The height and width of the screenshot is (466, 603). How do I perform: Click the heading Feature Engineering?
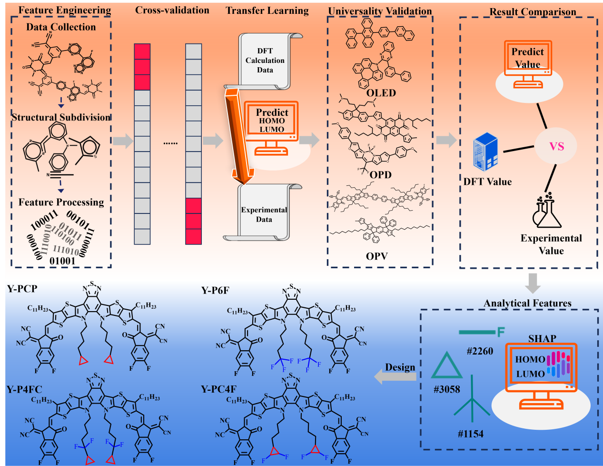point(65,10)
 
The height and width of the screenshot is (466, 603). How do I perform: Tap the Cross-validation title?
point(172,10)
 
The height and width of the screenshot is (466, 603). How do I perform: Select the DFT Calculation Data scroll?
point(265,61)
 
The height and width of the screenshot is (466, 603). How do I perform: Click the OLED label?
point(381,93)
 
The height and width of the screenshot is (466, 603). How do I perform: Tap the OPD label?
point(380,175)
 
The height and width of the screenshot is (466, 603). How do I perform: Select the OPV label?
point(376,256)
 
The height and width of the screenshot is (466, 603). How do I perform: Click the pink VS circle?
point(556,146)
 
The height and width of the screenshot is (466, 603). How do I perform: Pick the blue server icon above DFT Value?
point(485,152)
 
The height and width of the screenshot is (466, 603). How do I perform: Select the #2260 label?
point(480,351)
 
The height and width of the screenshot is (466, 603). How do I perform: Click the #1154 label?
point(470,434)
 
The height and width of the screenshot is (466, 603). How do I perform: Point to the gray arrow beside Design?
point(395,376)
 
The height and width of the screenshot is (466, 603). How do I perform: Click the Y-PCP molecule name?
point(22,289)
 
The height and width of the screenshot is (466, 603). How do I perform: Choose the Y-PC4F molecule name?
point(218,389)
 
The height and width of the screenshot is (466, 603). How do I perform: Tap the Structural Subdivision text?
point(61,117)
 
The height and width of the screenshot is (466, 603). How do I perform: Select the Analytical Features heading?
point(527,303)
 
